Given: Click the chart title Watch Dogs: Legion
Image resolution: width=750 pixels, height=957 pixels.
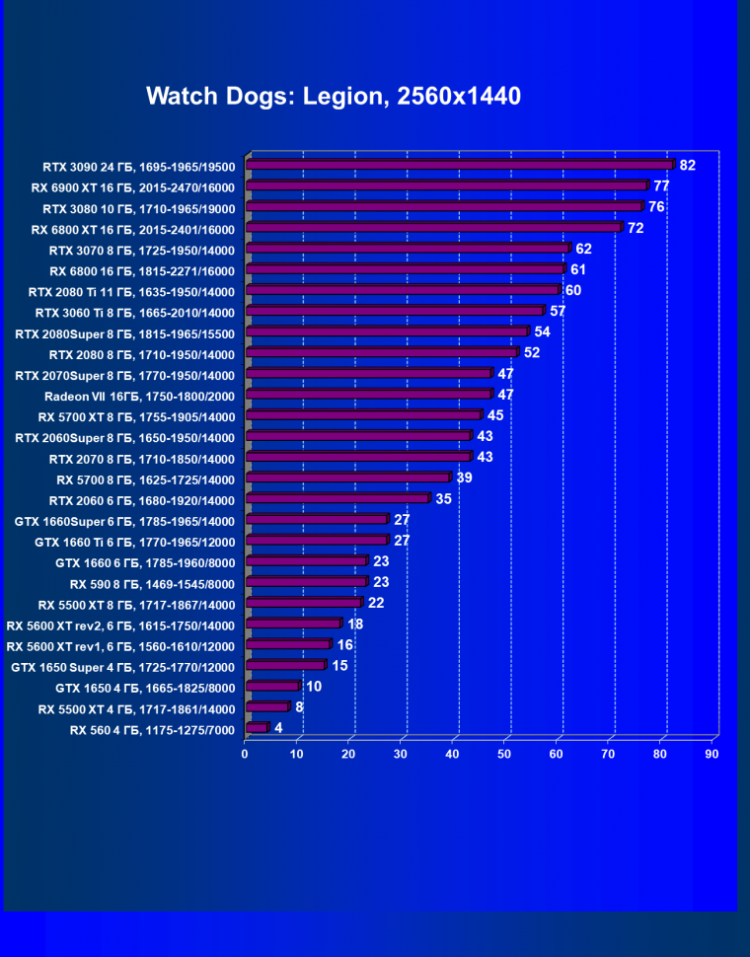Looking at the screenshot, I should coord(334,96).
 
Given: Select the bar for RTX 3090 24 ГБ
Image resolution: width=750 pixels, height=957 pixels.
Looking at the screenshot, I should coord(460,165).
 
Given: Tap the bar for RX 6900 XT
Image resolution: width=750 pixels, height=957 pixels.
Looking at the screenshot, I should coord(446,185).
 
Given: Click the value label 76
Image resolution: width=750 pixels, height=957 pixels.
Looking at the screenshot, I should coord(656,206).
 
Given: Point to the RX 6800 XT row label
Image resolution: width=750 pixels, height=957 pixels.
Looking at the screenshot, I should coord(132,229).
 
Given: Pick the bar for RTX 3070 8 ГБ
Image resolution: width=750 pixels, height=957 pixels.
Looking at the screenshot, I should coord(408,249).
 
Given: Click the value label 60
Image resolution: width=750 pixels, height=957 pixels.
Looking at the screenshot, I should coord(573,290).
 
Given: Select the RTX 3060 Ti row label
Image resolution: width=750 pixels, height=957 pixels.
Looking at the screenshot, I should coord(134,313).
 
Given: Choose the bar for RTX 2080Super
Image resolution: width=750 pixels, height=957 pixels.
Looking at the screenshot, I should coord(387,331).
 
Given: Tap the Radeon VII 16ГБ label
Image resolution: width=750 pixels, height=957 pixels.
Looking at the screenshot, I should coord(139,396).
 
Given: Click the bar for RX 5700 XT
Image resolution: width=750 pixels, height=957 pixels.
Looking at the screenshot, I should coord(363,415).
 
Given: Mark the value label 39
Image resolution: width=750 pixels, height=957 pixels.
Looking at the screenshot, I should coord(464,478).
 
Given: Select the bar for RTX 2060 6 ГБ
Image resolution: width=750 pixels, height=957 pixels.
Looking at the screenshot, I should coord(337,499).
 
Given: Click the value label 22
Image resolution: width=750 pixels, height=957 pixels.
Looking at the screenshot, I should coord(376,603).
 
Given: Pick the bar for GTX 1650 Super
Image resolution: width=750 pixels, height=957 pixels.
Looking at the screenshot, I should coord(285,665).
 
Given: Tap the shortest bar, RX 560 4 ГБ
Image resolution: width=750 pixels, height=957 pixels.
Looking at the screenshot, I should coord(257,728).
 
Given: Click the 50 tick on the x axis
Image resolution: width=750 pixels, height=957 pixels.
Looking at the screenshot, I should coord(505,755).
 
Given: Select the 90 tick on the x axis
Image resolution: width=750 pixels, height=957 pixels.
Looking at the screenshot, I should coord(712,755).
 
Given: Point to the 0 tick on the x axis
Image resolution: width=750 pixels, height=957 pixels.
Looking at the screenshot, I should coord(245,755).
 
